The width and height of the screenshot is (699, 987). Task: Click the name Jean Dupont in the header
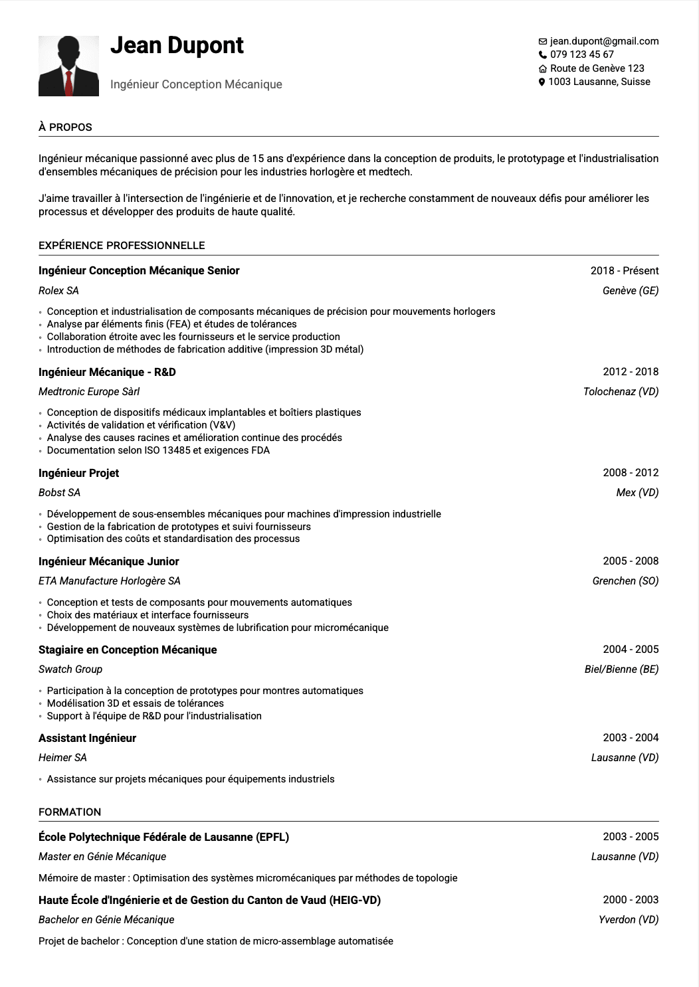click(177, 45)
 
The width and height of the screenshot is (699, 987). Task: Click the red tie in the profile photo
click(68, 83)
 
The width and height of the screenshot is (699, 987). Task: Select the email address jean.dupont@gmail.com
click(604, 41)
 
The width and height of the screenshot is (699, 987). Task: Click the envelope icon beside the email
click(542, 42)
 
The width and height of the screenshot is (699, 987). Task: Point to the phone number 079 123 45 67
click(581, 54)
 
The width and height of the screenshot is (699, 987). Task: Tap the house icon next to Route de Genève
click(542, 69)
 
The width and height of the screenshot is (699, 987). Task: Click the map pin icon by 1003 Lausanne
click(542, 82)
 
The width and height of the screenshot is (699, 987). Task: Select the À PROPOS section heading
click(65, 127)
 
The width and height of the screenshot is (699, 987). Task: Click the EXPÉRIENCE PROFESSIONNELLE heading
click(122, 245)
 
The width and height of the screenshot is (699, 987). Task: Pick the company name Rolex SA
click(58, 290)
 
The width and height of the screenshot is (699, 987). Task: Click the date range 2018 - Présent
click(624, 270)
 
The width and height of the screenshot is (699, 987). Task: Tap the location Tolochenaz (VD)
click(621, 391)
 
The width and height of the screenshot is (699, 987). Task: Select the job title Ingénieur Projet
click(78, 473)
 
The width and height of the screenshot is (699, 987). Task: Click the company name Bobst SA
click(59, 492)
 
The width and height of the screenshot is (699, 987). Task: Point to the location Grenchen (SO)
click(625, 581)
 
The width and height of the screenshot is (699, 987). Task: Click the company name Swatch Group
click(70, 669)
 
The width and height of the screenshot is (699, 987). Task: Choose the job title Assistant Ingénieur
click(87, 738)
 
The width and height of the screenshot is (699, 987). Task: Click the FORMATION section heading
click(70, 812)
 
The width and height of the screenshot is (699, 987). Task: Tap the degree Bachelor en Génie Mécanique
click(106, 919)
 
